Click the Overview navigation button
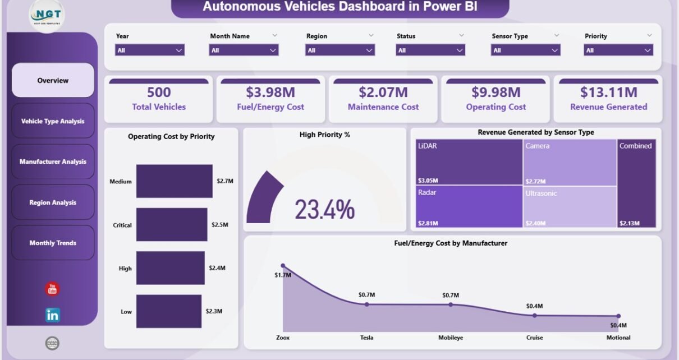tap(53, 80)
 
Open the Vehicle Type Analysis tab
tap(53, 121)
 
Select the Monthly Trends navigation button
tap(53, 243)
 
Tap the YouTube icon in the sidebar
tap(52, 289)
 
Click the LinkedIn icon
tap(52, 315)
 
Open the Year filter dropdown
tap(150, 50)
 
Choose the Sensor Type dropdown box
tap(526, 50)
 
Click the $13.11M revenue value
tap(608, 92)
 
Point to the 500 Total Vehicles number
tap(159, 92)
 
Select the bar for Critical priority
tap(172, 225)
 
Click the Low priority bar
tap(168, 311)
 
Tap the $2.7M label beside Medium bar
tap(225, 181)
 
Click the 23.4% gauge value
tap(324, 210)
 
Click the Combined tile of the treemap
tap(636, 184)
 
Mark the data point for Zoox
tap(283, 266)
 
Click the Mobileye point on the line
tap(451, 304)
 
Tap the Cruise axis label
tap(534, 338)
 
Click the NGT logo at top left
tap(47, 15)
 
